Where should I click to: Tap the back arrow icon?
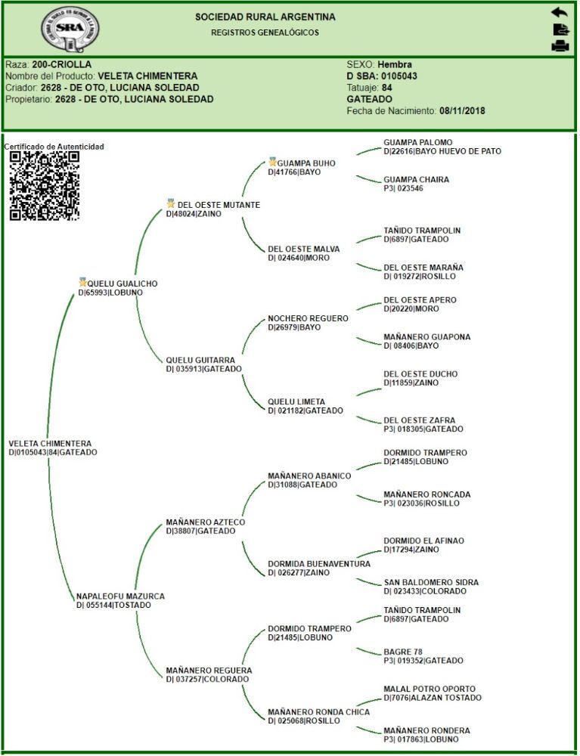pos(559,12)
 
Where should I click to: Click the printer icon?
pos(560,46)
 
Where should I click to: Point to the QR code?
pos(45,186)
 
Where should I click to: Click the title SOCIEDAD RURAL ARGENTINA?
pos(265,17)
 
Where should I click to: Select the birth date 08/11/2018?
pos(462,111)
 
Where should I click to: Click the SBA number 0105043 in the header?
pos(398,76)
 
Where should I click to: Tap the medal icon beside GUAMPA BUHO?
pos(272,162)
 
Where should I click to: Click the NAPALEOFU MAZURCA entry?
pos(120,596)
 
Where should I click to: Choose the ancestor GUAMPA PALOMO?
pos(417,142)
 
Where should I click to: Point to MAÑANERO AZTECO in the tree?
pos(206,522)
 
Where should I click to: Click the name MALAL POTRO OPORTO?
pos(430,689)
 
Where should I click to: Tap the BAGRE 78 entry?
pos(403,652)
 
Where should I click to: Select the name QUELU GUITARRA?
pos(200,360)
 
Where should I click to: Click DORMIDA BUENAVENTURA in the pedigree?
pos(319,564)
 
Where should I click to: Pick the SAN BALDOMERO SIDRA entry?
pos(431,583)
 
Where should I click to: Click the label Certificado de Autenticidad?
pos(54,147)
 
